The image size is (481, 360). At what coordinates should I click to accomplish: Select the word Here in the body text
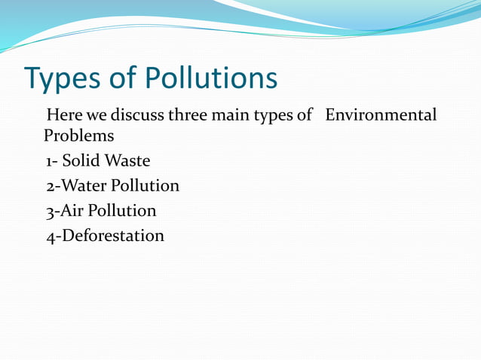pyautogui.click(x=64, y=116)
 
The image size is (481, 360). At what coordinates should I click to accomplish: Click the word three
pyautogui.click(x=188, y=116)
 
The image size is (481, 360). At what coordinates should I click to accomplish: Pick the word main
pyautogui.click(x=233, y=116)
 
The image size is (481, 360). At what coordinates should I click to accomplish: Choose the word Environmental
pyautogui.click(x=381, y=116)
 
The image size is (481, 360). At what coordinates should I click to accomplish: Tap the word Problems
pyautogui.click(x=79, y=136)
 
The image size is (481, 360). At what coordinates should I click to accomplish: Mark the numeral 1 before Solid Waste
pyautogui.click(x=49, y=162)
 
